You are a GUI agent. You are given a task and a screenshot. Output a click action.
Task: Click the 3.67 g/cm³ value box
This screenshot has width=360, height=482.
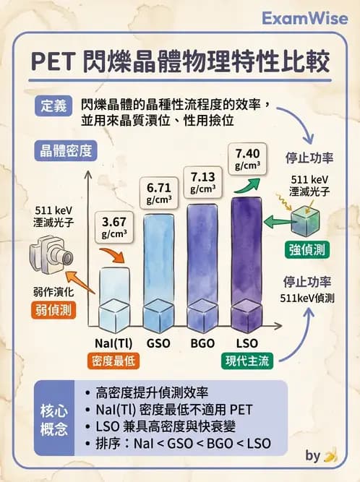tap(114, 226)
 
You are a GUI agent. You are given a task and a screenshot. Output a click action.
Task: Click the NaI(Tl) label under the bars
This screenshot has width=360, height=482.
tap(114, 343)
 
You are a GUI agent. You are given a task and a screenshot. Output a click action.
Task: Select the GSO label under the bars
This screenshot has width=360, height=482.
tap(159, 343)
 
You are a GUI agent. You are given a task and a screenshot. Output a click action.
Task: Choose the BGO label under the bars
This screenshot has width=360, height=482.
tap(203, 343)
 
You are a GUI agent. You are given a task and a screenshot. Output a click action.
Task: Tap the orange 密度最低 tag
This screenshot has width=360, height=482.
tap(114, 361)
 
